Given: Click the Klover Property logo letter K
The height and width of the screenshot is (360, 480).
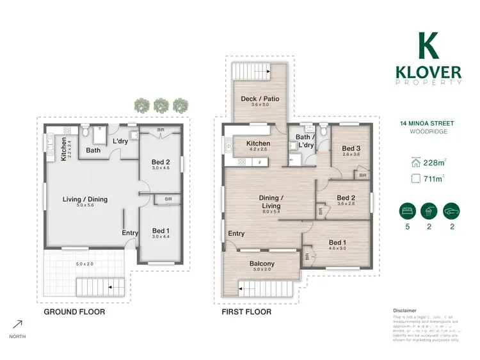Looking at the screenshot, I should (x=428, y=45).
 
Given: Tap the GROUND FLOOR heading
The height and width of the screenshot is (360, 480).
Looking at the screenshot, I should (x=74, y=312).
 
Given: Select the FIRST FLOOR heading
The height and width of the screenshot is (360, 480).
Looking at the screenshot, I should (x=246, y=312).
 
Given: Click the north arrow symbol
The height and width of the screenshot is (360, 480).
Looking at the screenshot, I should (x=17, y=324).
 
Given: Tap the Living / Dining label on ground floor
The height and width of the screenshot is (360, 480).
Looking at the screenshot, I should (x=84, y=199).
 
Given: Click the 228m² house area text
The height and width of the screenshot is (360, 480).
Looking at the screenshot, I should (x=434, y=163).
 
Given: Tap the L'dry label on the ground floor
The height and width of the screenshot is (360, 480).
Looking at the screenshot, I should (x=120, y=141).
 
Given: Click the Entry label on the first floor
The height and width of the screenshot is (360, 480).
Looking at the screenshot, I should (x=236, y=233).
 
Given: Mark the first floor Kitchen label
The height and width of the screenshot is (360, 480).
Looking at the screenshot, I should (x=258, y=143).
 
